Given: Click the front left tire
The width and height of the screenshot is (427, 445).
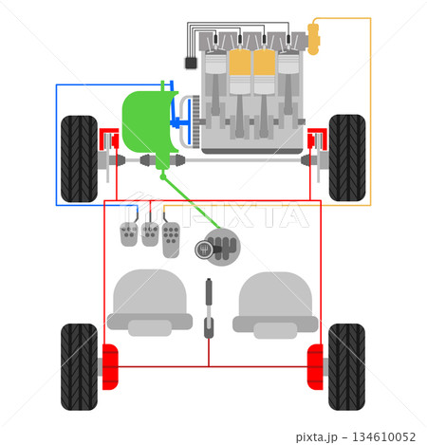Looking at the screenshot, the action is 79,158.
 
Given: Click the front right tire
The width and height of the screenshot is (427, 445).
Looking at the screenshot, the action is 347,158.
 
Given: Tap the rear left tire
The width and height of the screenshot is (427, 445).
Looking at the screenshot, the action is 79,367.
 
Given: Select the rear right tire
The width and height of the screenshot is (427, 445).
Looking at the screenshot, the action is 346,367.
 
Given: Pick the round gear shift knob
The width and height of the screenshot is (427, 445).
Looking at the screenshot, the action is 204,250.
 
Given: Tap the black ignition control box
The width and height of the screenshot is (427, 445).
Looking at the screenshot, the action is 191,63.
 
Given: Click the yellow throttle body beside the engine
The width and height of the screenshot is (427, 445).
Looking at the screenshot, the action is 313,39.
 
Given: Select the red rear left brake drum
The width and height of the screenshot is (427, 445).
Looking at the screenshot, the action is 110,367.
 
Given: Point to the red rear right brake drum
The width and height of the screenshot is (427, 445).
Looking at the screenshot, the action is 315,367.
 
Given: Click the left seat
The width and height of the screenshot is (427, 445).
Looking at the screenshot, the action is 150,303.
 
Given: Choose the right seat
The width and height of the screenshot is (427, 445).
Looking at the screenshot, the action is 275,306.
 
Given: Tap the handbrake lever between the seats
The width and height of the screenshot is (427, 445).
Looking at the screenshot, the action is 209,308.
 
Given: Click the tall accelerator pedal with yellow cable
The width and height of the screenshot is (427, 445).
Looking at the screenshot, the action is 171,240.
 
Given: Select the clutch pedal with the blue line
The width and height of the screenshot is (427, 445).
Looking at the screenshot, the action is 129,234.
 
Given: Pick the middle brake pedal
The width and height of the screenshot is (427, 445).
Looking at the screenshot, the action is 150,234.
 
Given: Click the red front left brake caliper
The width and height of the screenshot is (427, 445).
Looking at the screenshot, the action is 109,139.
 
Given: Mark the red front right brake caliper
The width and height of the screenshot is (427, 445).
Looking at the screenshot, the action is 317,139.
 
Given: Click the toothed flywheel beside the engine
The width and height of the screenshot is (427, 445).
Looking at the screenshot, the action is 196,121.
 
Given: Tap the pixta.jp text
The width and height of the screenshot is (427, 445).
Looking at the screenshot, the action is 317,437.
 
